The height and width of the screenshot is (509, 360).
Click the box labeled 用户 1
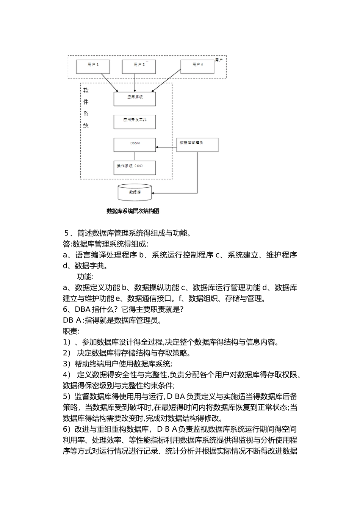[x=93, y=66]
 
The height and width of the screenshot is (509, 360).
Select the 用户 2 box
[x=139, y=66]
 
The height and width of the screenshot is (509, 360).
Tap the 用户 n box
[x=197, y=66]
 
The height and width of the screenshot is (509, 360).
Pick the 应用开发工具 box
[x=135, y=122]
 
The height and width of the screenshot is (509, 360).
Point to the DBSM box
[x=135, y=145]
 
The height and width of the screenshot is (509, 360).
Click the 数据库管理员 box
[x=197, y=145]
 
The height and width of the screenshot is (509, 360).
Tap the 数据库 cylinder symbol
[x=135, y=193]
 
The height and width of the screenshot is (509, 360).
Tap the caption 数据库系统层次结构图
[x=133, y=211]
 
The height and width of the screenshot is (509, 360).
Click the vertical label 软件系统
[x=86, y=108]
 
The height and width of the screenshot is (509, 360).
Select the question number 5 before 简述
[x=67, y=233]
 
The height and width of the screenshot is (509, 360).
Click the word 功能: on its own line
[x=85, y=276]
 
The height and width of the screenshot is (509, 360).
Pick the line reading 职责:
[x=71, y=331]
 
